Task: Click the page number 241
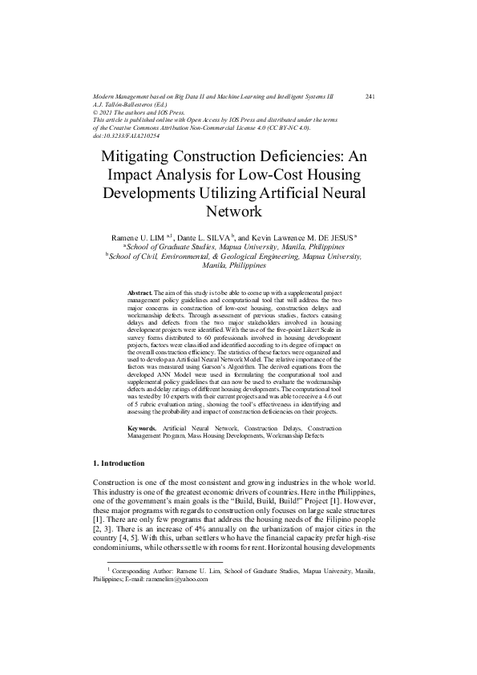pyautogui.click(x=370, y=96)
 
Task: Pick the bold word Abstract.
pyautogui.click(x=141, y=294)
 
